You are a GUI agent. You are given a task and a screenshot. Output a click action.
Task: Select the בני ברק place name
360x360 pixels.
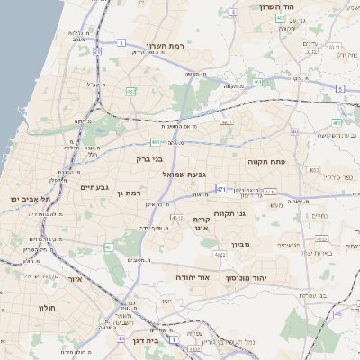click(x=150, y=158)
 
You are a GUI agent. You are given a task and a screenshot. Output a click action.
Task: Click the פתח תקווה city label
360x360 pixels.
click(x=266, y=160)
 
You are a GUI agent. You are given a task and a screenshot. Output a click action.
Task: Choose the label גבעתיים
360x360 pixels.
click(x=94, y=187)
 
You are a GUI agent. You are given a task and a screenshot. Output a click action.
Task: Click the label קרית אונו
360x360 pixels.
click(x=201, y=223)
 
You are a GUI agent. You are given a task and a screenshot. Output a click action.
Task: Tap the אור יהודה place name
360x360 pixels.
click(x=192, y=278)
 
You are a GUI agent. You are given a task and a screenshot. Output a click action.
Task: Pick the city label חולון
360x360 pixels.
click(x=47, y=308)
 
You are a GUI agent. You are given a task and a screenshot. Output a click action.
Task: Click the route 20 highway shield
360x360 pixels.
click(x=96, y=52)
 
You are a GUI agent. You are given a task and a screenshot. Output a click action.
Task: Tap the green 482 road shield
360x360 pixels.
click(x=131, y=91)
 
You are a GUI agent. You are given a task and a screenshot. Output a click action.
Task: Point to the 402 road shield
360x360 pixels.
click(x=281, y=18)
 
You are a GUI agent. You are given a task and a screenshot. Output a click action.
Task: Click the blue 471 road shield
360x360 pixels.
click(x=220, y=190)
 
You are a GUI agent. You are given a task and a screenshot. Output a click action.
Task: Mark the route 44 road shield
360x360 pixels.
click(x=121, y=339)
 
